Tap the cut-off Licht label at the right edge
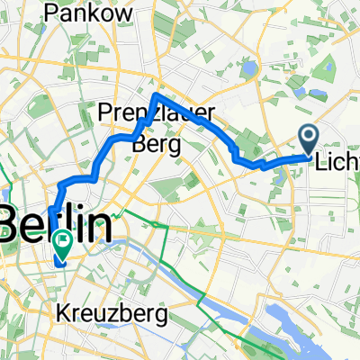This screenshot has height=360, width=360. [x=337, y=163]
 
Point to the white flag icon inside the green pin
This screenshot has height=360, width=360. [x=64, y=240]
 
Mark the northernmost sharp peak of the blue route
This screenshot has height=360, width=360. [x=156, y=94]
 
